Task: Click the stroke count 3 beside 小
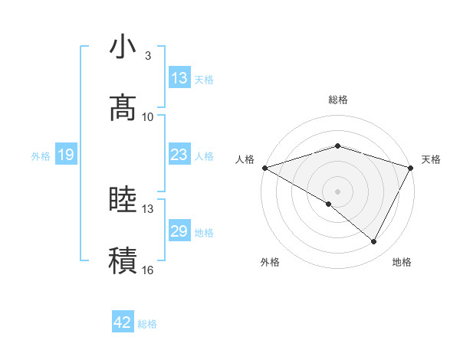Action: (148, 56)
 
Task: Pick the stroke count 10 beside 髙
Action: (148, 116)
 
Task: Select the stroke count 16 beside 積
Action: (148, 270)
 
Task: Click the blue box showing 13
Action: (179, 78)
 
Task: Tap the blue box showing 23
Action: (179, 155)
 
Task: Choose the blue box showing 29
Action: (179, 231)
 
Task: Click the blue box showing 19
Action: (66, 155)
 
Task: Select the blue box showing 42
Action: (123, 322)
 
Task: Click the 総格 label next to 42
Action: (147, 324)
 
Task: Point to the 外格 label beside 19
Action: (41, 156)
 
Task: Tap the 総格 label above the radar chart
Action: (338, 100)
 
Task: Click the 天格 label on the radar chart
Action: (432, 159)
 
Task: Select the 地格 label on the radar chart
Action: (402, 262)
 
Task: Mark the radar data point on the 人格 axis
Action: (264, 167)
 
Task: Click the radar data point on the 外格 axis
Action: (329, 204)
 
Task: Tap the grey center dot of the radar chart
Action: (338, 191)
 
